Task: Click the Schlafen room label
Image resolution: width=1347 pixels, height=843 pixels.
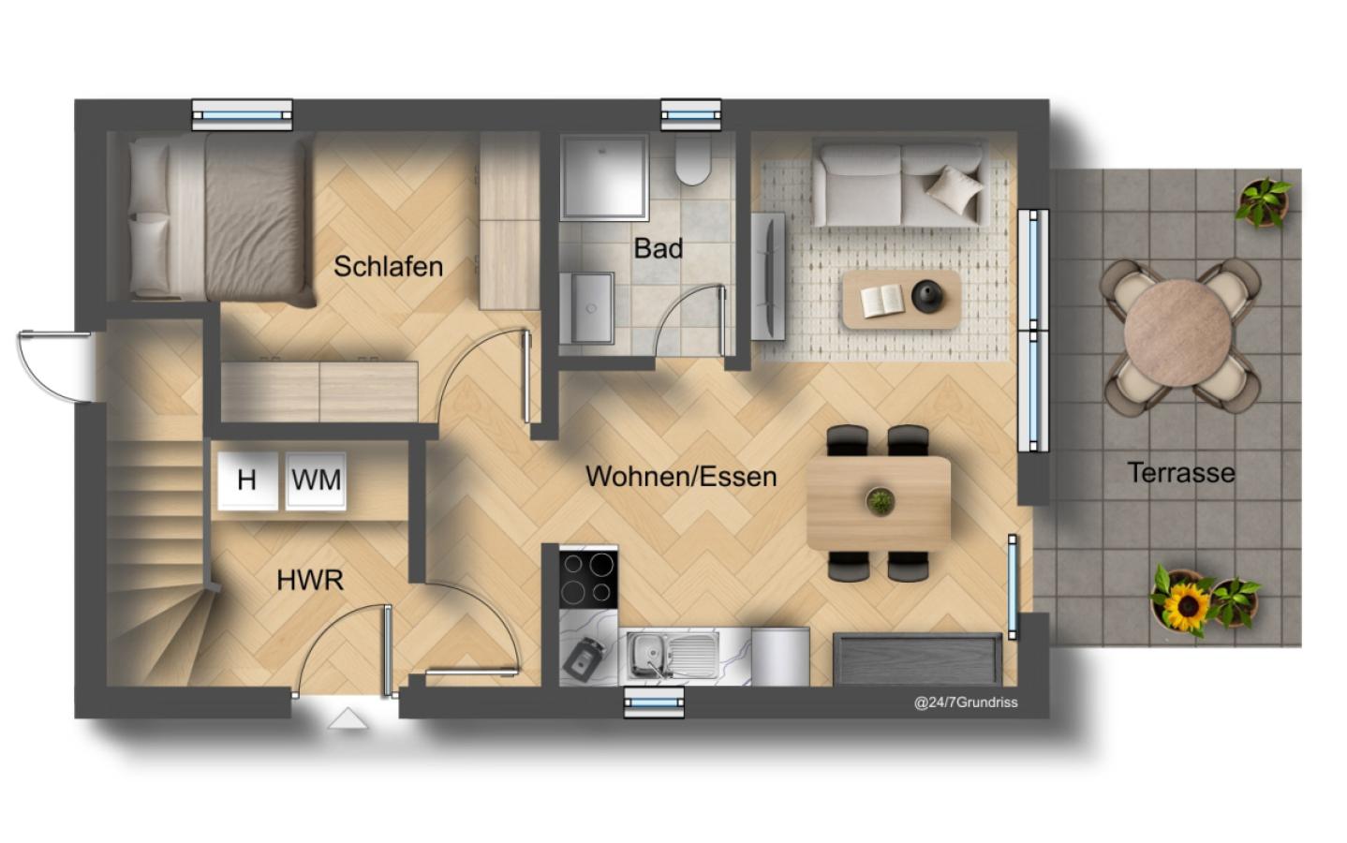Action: [388, 266]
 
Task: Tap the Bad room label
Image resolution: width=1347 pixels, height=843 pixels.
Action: [658, 248]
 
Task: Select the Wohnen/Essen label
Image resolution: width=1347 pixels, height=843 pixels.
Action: [681, 476]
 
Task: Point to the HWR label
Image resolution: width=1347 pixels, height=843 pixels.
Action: [310, 580]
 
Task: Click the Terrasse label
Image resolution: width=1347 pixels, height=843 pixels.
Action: [1181, 473]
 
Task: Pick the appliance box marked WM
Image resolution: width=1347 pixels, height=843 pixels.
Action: [316, 481]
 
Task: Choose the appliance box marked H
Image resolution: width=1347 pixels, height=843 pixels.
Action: [247, 481]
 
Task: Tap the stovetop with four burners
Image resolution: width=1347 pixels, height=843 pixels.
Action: [588, 579]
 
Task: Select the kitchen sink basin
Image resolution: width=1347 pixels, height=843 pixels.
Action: [646, 654]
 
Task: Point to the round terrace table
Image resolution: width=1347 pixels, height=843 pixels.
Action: [1177, 333]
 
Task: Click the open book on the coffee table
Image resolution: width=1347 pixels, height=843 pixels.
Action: [882, 301]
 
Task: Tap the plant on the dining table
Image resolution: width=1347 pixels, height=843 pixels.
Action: [881, 501]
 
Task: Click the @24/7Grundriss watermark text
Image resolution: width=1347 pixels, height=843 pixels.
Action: [966, 702]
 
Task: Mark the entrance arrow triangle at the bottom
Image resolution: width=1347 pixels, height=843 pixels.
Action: [347, 718]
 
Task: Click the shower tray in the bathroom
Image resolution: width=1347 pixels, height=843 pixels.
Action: [604, 177]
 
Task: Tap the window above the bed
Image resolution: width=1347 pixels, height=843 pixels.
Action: [243, 115]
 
